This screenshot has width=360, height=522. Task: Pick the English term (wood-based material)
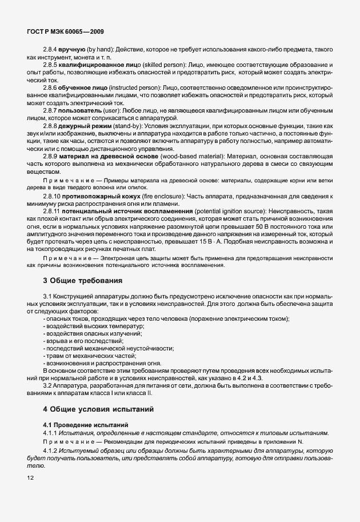tap(184, 156)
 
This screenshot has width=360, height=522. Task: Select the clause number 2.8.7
tap(52, 109)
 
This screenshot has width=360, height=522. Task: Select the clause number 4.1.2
tap(52, 449)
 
